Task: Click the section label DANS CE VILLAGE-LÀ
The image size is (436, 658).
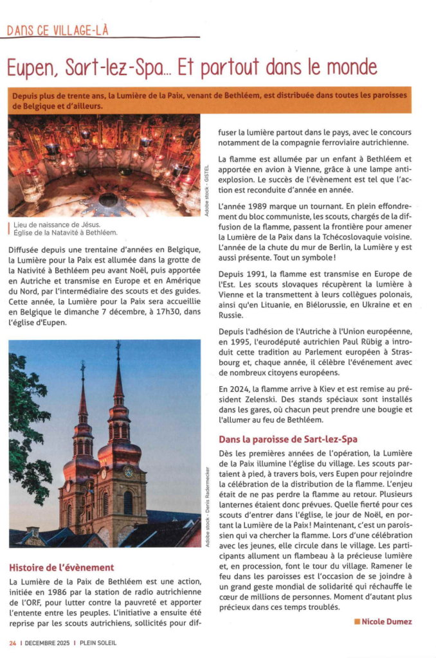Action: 57,30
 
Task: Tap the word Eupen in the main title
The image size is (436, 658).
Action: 33,67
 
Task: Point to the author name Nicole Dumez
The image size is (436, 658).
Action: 386,621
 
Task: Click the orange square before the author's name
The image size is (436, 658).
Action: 357,621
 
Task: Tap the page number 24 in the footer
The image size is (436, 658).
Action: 12,642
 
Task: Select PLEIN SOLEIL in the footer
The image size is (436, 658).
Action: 98,642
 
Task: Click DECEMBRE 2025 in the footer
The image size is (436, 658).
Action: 46,642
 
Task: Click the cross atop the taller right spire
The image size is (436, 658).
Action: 118,350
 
